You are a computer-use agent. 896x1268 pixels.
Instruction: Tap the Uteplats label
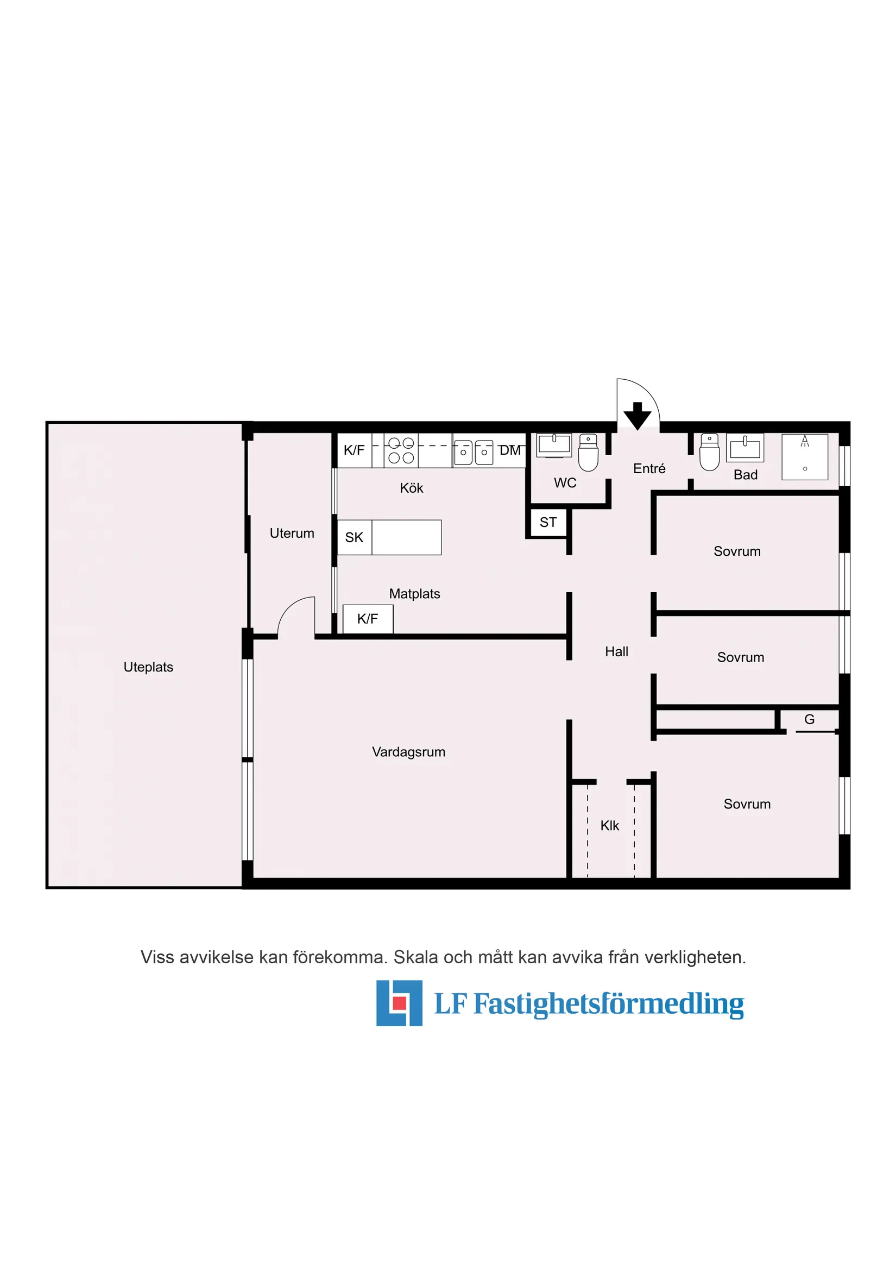point(148,667)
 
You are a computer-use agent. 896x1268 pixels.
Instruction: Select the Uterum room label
point(292,533)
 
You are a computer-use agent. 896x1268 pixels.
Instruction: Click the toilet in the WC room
point(588,453)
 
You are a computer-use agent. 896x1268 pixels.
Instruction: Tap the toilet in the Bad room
point(709,453)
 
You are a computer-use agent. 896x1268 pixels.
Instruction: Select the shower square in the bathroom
point(804,457)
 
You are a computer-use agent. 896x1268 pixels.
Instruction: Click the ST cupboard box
point(548,523)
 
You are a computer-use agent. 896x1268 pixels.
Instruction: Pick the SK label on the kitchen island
point(354,537)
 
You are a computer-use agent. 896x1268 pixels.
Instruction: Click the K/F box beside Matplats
point(368,619)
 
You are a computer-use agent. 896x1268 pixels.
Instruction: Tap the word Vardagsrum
point(408,752)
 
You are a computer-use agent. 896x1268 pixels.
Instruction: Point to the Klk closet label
point(609,826)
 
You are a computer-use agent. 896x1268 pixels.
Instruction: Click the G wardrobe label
point(809,720)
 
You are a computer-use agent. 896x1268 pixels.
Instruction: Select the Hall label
point(616,652)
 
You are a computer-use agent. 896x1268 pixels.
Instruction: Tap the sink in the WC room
point(554,445)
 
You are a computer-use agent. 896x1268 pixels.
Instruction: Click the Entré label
point(649,468)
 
